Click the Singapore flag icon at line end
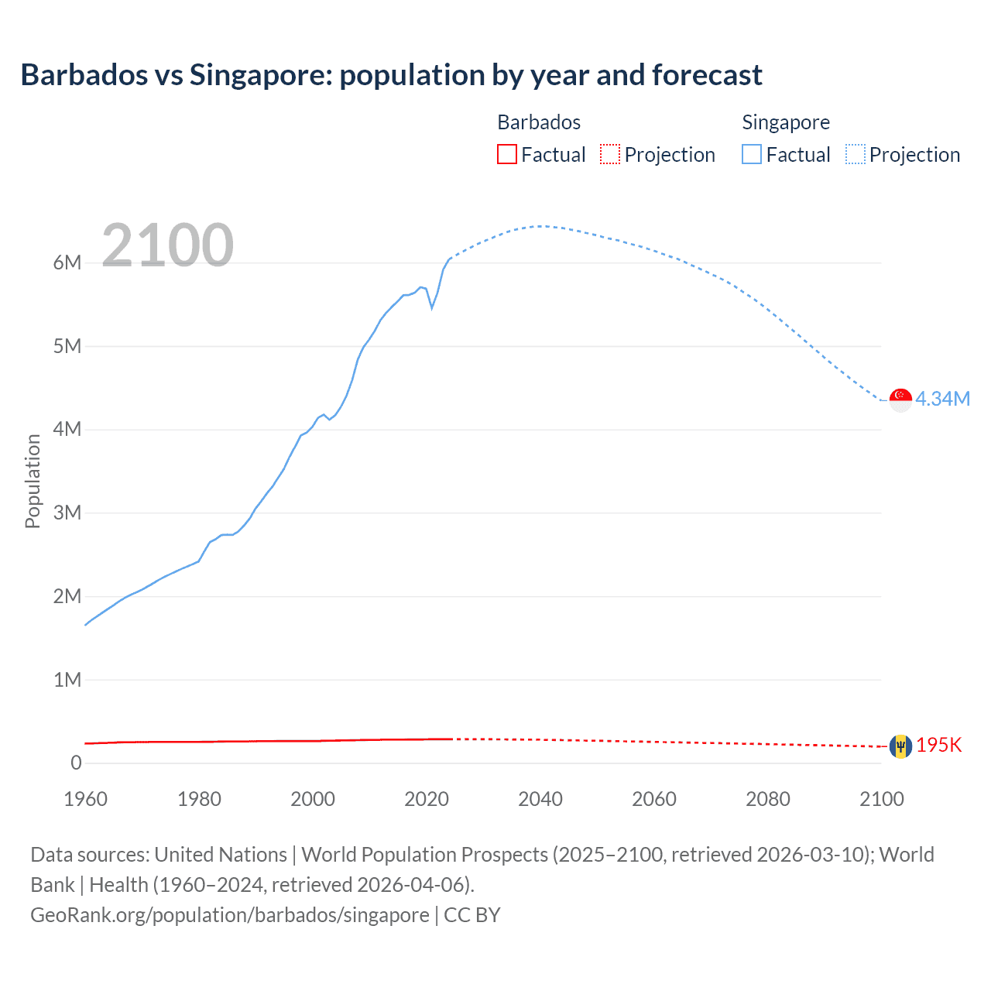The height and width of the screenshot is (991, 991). (x=900, y=399)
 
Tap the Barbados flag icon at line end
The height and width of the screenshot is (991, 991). (x=900, y=746)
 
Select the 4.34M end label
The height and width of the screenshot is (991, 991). (x=942, y=399)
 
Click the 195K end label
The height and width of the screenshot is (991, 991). (x=938, y=745)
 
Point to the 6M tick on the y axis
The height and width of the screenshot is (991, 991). (x=67, y=262)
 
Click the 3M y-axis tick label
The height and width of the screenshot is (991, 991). (x=67, y=513)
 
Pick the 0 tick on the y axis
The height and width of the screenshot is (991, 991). (x=76, y=763)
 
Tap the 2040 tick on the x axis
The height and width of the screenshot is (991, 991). (x=540, y=799)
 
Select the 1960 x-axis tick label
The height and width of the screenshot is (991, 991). (x=85, y=799)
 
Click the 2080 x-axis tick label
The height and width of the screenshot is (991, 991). (x=768, y=799)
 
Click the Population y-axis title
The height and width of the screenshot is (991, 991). (x=33, y=481)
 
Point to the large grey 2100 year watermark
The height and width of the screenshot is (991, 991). (x=167, y=245)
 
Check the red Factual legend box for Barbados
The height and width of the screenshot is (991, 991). (x=507, y=154)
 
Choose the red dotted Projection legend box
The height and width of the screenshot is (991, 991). (x=610, y=154)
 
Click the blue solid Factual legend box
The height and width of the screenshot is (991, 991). (x=752, y=154)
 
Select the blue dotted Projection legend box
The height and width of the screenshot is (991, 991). (x=856, y=154)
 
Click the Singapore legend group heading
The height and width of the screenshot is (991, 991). (x=785, y=122)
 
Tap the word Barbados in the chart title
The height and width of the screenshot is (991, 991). (x=84, y=75)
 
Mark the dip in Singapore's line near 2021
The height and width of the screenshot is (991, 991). (x=432, y=307)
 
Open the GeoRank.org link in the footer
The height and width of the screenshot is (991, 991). (x=230, y=915)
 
